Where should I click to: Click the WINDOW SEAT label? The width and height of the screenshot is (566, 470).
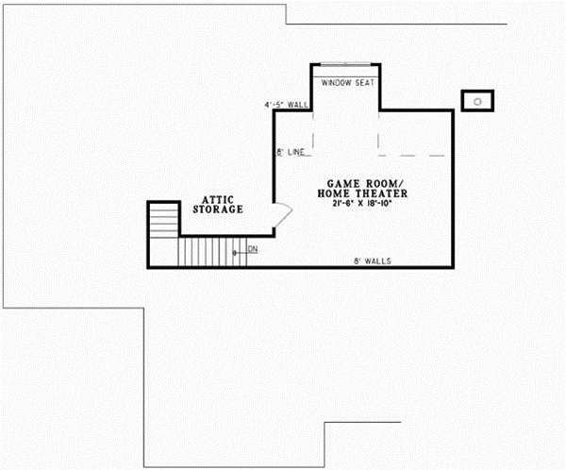[x=348, y=83]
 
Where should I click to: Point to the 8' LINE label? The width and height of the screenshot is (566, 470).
[x=291, y=152]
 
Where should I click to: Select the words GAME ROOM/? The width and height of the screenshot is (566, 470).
[x=366, y=182]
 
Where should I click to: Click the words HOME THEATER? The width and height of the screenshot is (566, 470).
[x=366, y=193]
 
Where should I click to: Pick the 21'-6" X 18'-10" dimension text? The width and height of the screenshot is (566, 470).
[x=366, y=205]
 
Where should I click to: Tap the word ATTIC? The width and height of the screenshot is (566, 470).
[x=218, y=199]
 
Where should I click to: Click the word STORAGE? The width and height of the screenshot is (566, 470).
[x=218, y=210]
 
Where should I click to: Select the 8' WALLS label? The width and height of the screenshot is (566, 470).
[x=373, y=260]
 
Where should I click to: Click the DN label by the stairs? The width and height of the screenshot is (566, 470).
[x=253, y=249]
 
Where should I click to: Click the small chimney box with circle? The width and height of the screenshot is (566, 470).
[x=476, y=100]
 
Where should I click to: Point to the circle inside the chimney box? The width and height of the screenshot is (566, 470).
[x=477, y=100]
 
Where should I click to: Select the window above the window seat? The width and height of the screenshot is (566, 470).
[x=346, y=66]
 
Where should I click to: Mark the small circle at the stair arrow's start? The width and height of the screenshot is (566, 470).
[x=234, y=253]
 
